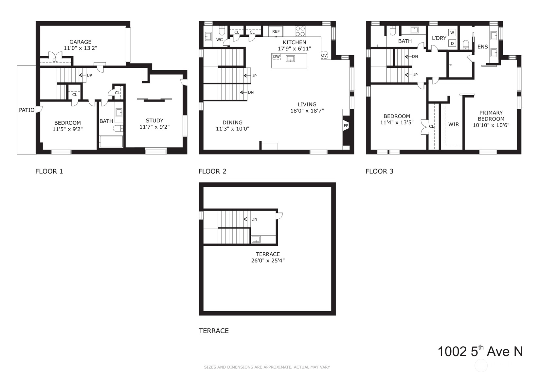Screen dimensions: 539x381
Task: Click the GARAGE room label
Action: tap(81, 42)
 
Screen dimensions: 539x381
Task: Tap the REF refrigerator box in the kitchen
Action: tap(276, 31)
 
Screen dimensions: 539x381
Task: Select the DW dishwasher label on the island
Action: tap(277, 57)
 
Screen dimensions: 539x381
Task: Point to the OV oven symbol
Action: tap(324, 55)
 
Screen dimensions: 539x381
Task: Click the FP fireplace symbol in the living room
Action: tap(346, 125)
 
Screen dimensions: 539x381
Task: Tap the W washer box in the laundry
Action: tap(452, 33)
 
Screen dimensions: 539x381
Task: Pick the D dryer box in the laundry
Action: tap(452, 43)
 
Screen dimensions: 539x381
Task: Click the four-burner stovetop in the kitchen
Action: tap(300, 31)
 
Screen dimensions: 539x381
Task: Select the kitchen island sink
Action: tap(290, 59)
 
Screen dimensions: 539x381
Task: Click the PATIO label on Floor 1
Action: tap(27, 110)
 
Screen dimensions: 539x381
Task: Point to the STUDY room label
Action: tap(154, 120)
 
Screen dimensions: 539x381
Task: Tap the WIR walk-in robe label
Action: tap(454, 124)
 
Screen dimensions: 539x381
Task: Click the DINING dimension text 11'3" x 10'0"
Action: tap(232, 129)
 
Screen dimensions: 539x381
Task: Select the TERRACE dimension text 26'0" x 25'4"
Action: tap(268, 261)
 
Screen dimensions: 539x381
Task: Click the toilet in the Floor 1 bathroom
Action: tap(118, 129)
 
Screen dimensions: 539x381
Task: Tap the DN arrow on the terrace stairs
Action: tap(247, 219)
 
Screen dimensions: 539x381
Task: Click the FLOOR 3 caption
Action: tap(379, 172)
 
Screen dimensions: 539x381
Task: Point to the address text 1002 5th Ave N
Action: tap(480, 351)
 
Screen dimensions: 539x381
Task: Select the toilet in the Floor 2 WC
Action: tap(222, 30)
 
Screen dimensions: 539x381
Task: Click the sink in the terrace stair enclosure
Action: tap(256, 239)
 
